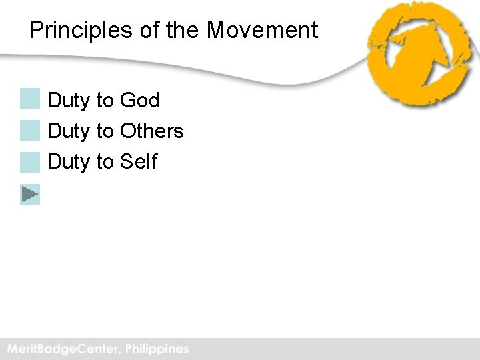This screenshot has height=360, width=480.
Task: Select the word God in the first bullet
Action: [x=140, y=101]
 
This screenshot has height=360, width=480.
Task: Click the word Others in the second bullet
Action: [x=151, y=131]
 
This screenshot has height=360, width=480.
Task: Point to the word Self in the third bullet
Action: [x=139, y=161]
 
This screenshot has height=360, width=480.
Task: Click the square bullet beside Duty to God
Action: [x=30, y=99]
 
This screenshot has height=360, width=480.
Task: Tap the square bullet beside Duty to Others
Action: [x=30, y=130]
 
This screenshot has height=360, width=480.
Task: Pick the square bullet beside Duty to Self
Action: [x=30, y=161]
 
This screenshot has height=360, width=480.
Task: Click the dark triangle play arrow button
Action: [x=30, y=194]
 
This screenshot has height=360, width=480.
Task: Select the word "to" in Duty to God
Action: [x=105, y=101]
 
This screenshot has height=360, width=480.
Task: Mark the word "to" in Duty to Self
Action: [x=105, y=161]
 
